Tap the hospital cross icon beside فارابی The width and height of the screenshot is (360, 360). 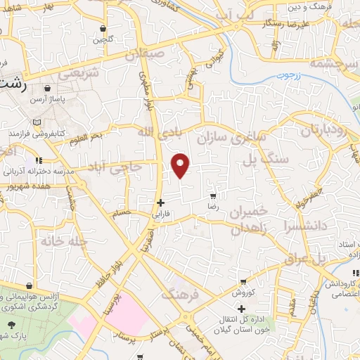(161, 202)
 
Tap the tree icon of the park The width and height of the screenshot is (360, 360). (12, 324)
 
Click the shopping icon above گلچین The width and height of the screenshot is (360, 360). (103, 29)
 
